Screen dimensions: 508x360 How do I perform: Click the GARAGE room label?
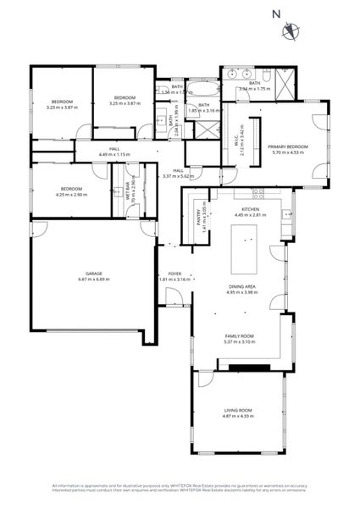tap(93, 273)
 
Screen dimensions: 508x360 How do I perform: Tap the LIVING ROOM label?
tap(237, 410)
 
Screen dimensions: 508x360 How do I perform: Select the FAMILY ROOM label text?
tap(239, 336)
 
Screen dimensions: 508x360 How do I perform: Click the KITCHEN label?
tap(250, 208)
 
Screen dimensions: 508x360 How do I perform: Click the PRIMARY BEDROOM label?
tap(290, 146)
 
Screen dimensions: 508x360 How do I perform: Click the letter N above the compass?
tap(275, 13)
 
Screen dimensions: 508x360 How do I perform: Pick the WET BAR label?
tap(128, 190)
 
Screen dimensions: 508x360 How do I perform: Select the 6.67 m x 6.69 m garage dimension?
tap(93, 279)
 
